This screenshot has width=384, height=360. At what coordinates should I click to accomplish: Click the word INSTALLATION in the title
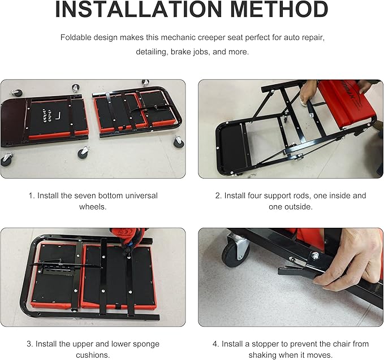click(x=139, y=9)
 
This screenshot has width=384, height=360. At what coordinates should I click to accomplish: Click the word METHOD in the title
click(x=279, y=9)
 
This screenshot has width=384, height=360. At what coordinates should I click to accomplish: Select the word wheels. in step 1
click(x=93, y=207)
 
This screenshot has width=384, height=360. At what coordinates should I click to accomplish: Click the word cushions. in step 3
click(x=93, y=355)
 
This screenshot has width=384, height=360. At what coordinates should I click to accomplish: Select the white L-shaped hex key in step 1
click(x=58, y=116)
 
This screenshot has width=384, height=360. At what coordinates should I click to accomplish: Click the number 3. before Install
click(x=30, y=344)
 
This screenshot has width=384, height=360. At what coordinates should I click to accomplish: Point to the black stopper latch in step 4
click(x=294, y=272)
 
